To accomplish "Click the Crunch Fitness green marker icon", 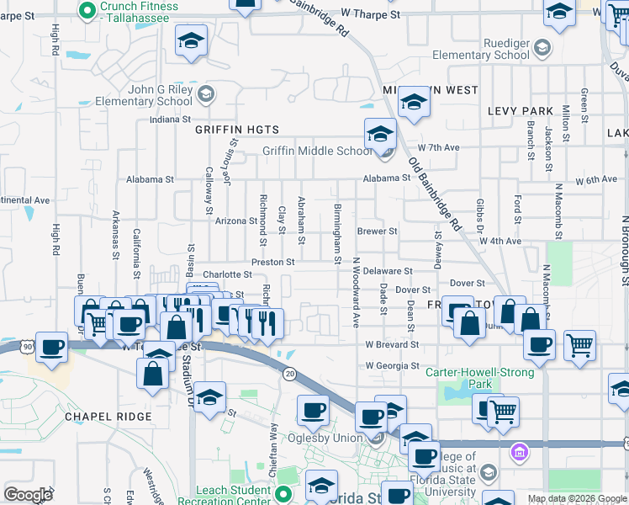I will (85, 11).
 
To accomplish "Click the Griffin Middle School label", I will (316, 151).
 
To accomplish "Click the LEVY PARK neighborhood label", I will (521, 111).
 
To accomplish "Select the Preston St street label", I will (272, 262).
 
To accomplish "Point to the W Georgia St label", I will (392, 366).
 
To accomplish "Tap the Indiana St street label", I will (171, 120).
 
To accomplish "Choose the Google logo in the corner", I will (28, 495).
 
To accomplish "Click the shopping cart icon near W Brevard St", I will (579, 345).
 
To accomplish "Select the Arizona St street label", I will (235, 221).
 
